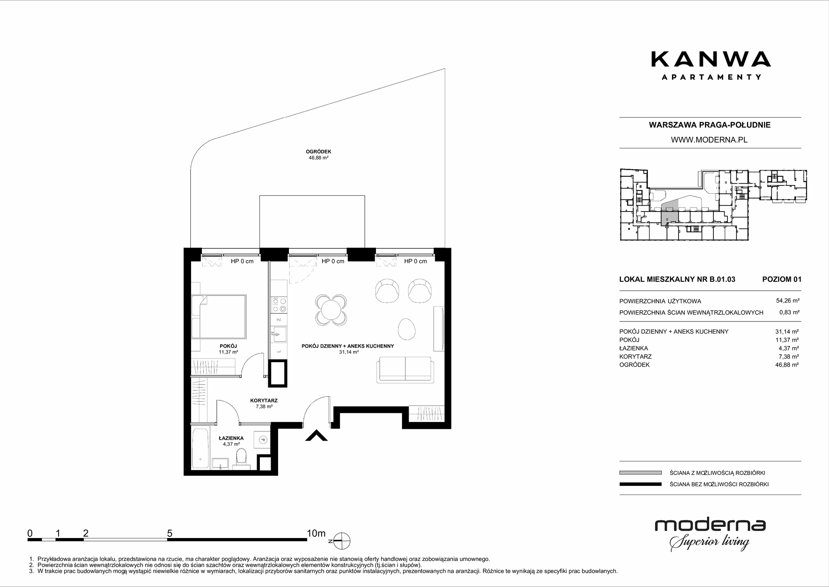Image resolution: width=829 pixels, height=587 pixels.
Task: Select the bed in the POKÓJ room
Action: click(219, 316)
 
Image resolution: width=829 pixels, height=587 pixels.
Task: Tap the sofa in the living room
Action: click(405, 369)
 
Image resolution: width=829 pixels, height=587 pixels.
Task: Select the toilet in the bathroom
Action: click(240, 458)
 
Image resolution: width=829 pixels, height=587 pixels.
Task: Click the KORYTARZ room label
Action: click(264, 401)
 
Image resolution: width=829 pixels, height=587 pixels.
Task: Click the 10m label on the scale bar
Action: click(316, 533)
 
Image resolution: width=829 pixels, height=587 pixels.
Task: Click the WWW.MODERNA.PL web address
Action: click(709, 140)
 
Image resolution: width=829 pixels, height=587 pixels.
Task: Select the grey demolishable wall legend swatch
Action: click(640, 473)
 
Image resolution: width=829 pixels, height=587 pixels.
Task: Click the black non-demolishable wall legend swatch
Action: click(640, 484)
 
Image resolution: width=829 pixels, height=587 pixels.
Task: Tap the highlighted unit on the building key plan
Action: click(669, 217)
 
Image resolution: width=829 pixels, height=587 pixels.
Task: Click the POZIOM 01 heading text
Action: click(782, 279)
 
